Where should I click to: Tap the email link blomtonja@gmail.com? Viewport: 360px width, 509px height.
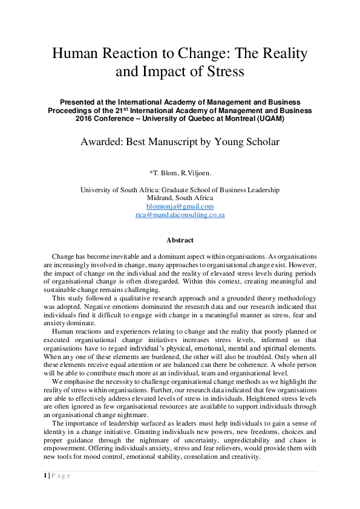[x=180, y=206]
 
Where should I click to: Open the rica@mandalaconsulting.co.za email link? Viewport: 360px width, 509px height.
[x=180, y=215]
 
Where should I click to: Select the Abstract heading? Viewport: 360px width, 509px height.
[x=180, y=240]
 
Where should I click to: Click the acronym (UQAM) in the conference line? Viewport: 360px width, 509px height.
[x=266, y=118]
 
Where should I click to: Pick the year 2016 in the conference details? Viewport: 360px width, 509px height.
[x=86, y=118]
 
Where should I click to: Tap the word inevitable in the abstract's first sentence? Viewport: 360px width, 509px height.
[x=124, y=257]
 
